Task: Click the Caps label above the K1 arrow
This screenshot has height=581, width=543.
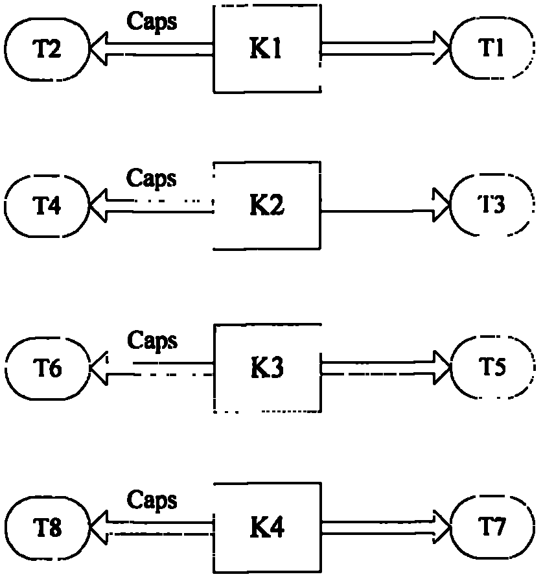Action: (152, 21)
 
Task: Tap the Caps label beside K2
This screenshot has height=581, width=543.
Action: (152, 179)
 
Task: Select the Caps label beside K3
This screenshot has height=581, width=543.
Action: (152, 341)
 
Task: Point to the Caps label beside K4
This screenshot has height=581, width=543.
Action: (152, 501)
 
